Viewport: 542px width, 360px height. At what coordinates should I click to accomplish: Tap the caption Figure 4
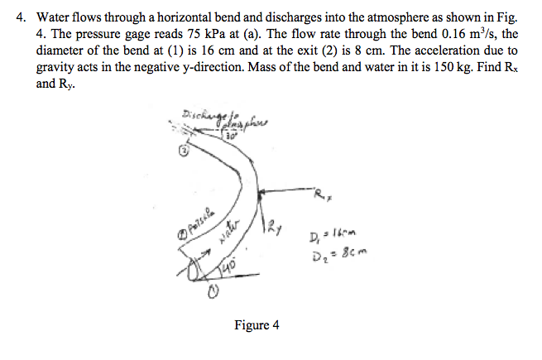tap(255, 325)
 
